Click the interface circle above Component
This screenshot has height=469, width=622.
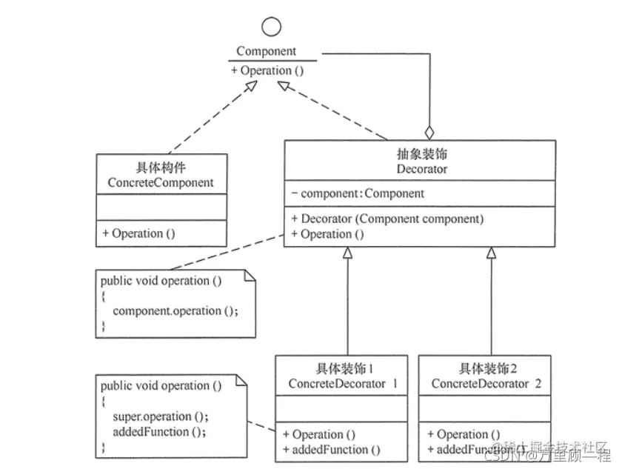[x=272, y=27]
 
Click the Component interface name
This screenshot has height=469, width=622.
[x=266, y=51]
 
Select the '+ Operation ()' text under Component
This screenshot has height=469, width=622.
[x=267, y=70]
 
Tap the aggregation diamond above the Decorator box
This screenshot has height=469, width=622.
[x=429, y=133]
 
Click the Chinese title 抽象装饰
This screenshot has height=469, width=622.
[x=422, y=155]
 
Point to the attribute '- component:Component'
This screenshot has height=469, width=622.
[x=358, y=193]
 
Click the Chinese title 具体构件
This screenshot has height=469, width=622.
[x=161, y=168]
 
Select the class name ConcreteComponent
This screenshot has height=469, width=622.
[x=161, y=182]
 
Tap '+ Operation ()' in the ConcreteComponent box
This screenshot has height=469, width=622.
[x=139, y=233]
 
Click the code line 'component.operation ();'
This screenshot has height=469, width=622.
[x=175, y=311]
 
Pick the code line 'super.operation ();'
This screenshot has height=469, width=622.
[x=161, y=416]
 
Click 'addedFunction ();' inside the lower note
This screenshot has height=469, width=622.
[x=159, y=431]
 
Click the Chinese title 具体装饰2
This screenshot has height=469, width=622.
[x=485, y=369]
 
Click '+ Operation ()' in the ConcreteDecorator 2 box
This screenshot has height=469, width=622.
[x=464, y=434]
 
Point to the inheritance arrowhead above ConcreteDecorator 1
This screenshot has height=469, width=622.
[x=346, y=253]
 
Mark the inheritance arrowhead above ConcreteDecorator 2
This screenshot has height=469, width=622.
[x=490, y=253]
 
